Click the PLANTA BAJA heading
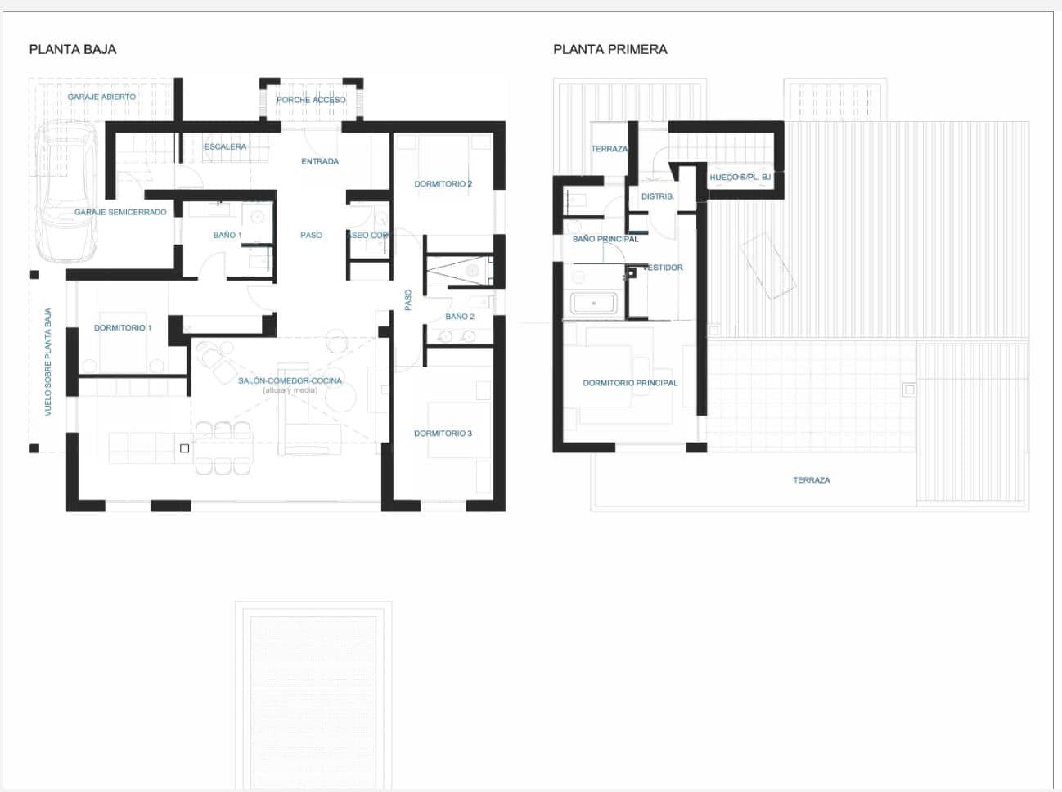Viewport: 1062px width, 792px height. click(x=73, y=49)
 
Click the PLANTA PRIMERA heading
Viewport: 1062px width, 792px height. click(x=610, y=49)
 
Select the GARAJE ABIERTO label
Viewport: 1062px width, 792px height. click(x=101, y=97)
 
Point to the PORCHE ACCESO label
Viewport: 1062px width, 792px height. click(x=311, y=100)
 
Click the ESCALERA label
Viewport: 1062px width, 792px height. click(x=225, y=146)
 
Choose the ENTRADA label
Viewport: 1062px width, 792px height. click(x=320, y=161)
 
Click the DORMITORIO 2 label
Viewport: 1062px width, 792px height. click(x=443, y=184)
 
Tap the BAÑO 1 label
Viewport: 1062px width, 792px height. click(x=227, y=235)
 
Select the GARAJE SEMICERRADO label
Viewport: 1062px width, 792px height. click(x=120, y=212)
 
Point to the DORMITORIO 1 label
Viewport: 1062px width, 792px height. click(x=123, y=327)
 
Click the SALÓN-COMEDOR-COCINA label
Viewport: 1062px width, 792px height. click(x=290, y=380)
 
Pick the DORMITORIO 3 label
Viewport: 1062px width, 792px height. click(x=443, y=434)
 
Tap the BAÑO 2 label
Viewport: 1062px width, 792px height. click(x=460, y=316)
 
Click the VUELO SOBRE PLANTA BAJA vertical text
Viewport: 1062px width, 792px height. click(x=48, y=362)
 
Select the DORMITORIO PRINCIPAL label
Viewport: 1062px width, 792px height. click(x=630, y=383)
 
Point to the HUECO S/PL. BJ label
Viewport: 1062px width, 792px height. click(x=740, y=177)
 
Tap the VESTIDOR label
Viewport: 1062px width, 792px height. click(x=663, y=268)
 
